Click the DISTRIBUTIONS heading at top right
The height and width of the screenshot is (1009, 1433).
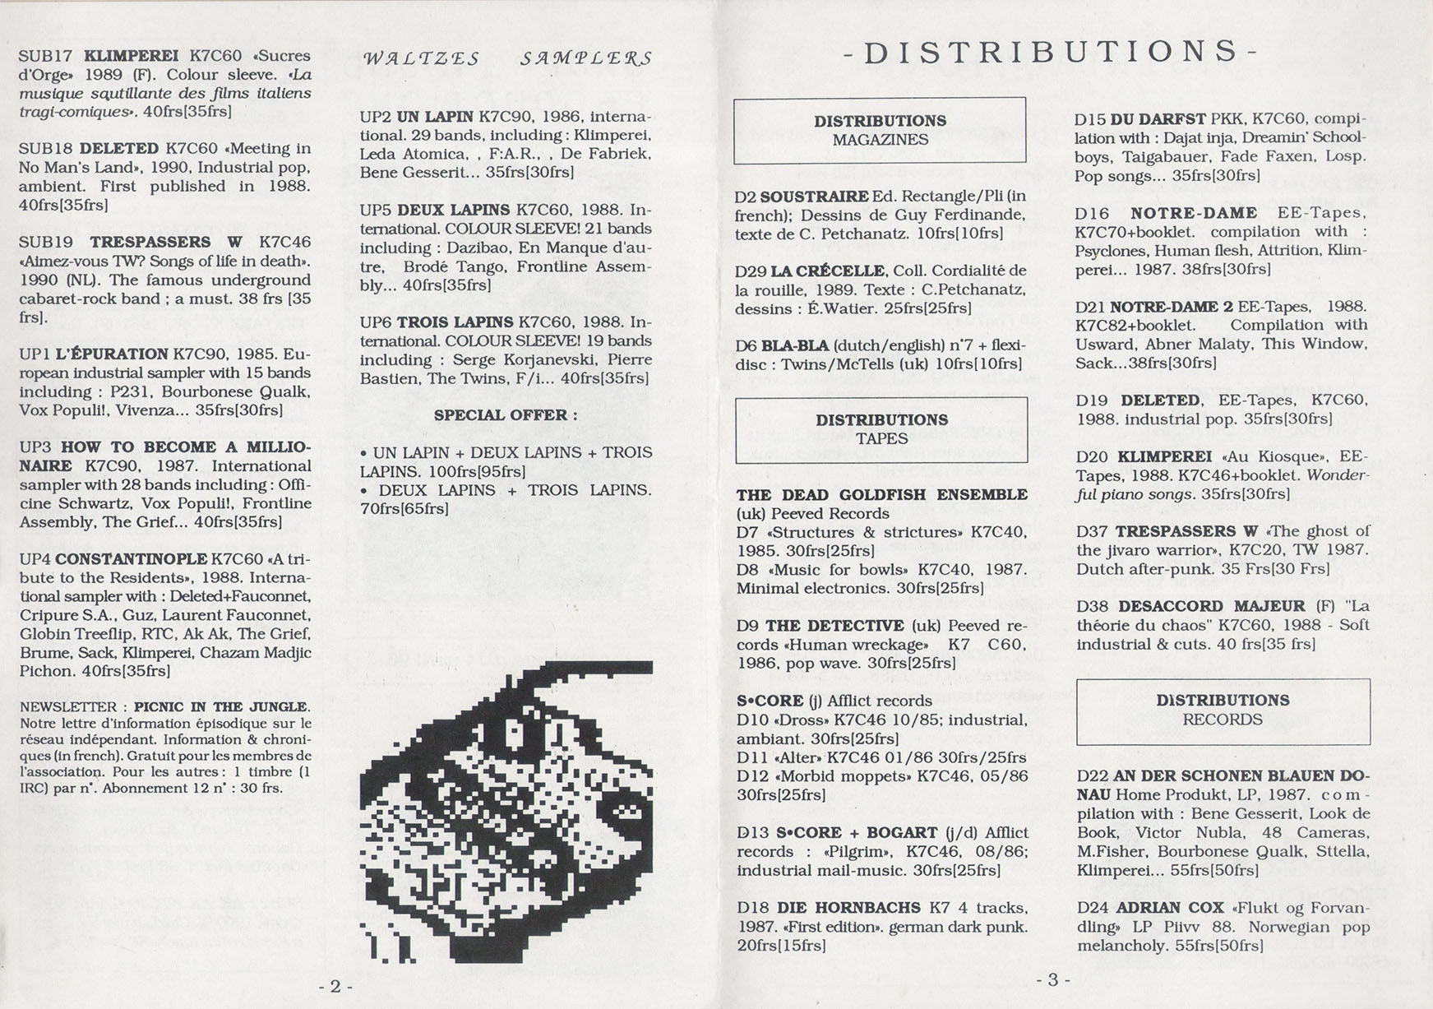pyautogui.click(x=1051, y=52)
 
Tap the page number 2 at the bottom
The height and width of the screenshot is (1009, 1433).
pyautogui.click(x=335, y=986)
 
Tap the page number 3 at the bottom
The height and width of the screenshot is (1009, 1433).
pyautogui.click(x=1053, y=979)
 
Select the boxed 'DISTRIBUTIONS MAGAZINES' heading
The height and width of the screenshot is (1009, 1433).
pyautogui.click(x=880, y=130)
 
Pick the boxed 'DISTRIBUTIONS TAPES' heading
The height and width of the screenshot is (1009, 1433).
pyautogui.click(x=881, y=429)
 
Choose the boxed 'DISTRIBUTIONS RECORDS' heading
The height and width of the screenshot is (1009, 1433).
pyautogui.click(x=1223, y=710)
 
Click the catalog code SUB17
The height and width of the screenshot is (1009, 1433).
pyautogui.click(x=45, y=56)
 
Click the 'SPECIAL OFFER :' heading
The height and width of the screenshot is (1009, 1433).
pyautogui.click(x=506, y=415)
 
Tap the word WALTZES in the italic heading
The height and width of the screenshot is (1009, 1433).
pyautogui.click(x=421, y=58)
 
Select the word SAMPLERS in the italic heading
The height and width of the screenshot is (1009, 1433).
pyautogui.click(x=585, y=58)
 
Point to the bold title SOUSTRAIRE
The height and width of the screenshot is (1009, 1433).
pyautogui.click(x=814, y=197)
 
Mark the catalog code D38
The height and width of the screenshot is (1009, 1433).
pyautogui.click(x=1093, y=606)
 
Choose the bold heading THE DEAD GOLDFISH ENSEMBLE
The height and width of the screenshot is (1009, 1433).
pyautogui.click(x=881, y=494)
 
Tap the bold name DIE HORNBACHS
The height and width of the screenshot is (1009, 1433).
pyautogui.click(x=867, y=908)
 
